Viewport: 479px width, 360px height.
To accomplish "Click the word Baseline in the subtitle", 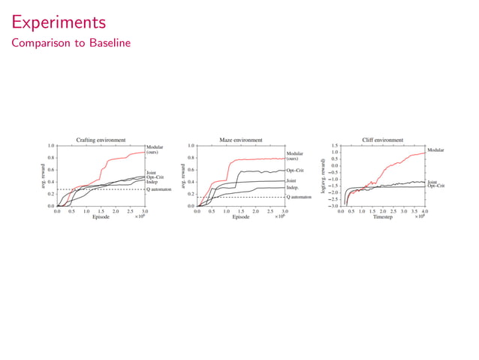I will [x=107, y=43].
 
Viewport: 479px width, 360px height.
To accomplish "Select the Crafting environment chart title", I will [x=101, y=140].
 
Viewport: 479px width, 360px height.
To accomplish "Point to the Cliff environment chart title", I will [x=382, y=140].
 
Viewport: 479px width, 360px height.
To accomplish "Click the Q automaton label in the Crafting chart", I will [x=159, y=189].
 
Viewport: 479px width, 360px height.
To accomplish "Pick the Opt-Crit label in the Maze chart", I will [x=295, y=171].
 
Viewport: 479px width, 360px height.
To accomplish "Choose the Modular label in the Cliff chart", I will [x=435, y=150].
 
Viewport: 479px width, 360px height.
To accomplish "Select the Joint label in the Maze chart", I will [x=291, y=180].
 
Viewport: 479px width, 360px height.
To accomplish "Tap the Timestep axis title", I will [x=382, y=218].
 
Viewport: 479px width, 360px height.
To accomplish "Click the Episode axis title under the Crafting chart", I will [x=101, y=218].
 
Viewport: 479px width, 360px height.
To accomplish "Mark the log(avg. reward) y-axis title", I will [x=324, y=176].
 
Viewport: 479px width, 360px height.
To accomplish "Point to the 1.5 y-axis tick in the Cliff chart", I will [x=334, y=146].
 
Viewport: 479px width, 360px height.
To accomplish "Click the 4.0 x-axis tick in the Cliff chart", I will [x=424, y=212].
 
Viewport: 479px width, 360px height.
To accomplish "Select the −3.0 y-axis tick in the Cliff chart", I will [x=333, y=206].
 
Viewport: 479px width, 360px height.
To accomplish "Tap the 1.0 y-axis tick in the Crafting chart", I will [x=50, y=146].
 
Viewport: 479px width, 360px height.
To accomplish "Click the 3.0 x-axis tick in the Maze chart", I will [x=284, y=212].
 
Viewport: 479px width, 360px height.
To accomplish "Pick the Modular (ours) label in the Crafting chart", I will [x=155, y=150].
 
